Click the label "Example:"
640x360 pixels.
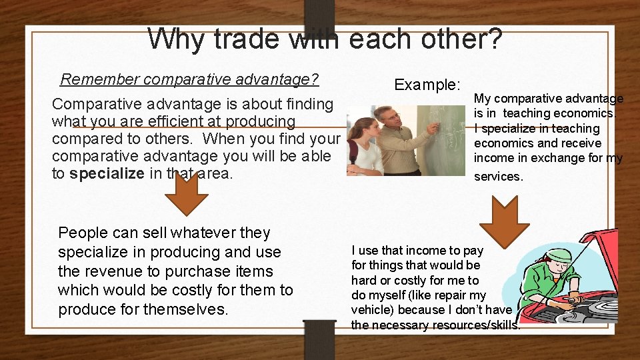pos(427,85)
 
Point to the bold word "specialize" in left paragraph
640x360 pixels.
pos(107,174)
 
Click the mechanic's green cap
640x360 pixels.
pos(559,255)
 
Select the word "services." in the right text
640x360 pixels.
pos(499,177)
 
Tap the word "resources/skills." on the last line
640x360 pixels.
pos(478,325)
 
